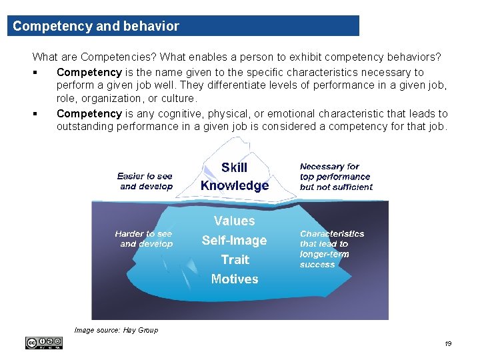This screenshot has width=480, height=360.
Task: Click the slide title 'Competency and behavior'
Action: (x=96, y=27)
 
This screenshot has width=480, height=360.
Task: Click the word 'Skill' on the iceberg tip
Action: (x=234, y=168)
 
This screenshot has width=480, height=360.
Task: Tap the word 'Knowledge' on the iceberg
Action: (x=235, y=186)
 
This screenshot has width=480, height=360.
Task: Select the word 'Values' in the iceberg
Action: (x=234, y=221)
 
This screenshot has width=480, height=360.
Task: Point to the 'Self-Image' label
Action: (x=234, y=241)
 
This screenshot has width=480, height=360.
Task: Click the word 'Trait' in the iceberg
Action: (x=235, y=260)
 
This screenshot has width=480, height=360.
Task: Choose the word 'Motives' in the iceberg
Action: (x=234, y=279)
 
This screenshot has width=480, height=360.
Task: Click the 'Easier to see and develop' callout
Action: (x=145, y=181)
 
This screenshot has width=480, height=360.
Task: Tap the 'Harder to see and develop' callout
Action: (x=143, y=239)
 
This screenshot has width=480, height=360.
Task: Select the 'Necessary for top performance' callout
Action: (x=335, y=177)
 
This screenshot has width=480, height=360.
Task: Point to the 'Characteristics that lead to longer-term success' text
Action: (x=331, y=249)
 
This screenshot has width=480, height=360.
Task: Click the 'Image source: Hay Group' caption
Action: (x=116, y=330)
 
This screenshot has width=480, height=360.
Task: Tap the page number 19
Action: (x=447, y=343)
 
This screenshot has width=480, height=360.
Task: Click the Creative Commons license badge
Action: (x=44, y=343)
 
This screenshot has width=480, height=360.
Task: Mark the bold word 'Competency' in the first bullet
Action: (x=89, y=72)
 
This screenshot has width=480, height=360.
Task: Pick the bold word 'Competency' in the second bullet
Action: (x=89, y=113)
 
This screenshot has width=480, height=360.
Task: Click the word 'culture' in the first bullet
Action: (x=179, y=98)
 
